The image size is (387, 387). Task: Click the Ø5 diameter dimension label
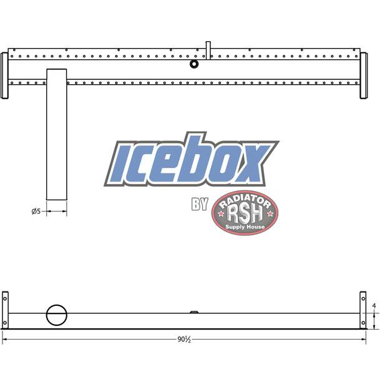36,212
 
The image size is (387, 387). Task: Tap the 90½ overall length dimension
184,340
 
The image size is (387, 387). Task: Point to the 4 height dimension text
373,306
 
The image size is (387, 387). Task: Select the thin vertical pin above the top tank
208,49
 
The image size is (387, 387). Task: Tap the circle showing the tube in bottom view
56,315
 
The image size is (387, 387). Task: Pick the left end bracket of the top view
5,76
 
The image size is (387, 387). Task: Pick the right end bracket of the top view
364,76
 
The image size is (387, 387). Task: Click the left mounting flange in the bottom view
5,310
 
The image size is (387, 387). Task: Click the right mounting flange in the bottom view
363,310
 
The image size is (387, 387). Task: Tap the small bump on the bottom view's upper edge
194,311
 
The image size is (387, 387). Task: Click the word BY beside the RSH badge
199,205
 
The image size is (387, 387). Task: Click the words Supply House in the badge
245,227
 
